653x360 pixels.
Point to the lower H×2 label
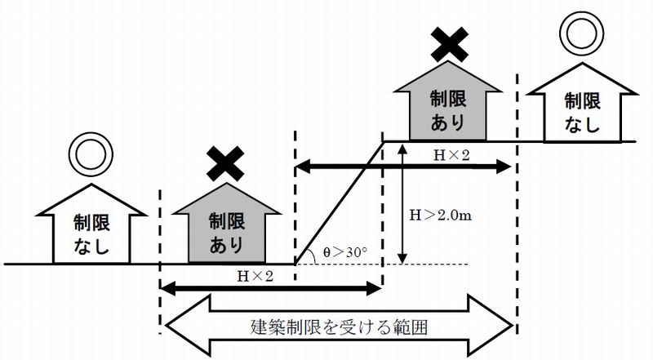point(255,275)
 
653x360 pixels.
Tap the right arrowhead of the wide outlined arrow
point(498,325)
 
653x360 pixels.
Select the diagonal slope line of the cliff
point(340,202)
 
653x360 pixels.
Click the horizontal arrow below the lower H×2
point(269,287)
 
